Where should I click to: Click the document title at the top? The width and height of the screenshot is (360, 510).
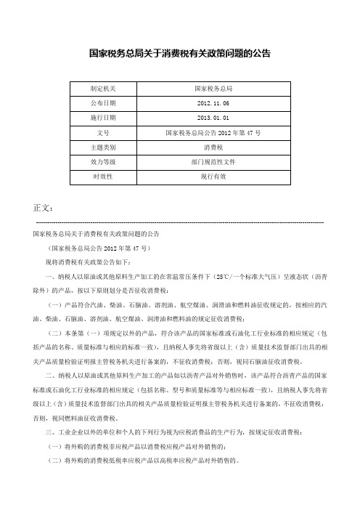pyautogui.click(x=180, y=53)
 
